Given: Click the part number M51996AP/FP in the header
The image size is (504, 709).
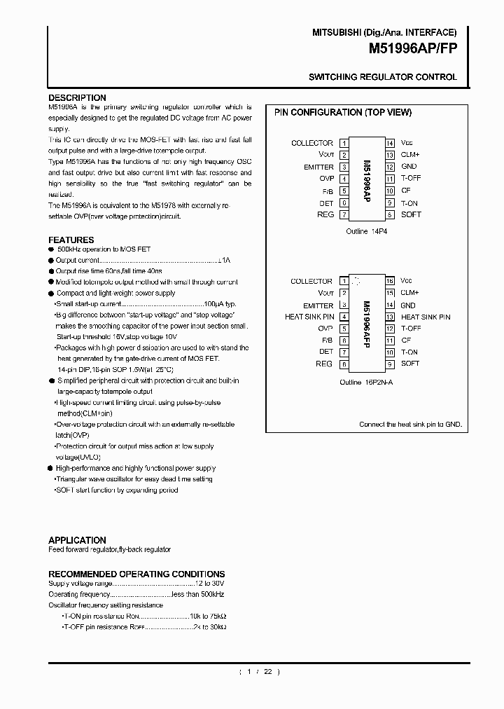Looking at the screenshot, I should coord(412,50).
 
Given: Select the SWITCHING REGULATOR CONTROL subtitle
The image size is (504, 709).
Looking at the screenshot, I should coord(383,77).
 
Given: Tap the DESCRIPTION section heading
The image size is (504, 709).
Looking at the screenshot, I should coord(77,97).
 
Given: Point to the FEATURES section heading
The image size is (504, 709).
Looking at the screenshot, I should coord(71,240).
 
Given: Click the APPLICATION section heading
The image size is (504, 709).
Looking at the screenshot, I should coord(77,540).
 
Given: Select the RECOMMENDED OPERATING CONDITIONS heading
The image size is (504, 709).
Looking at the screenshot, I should coord(136,574).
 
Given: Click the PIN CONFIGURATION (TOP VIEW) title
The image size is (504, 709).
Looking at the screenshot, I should coord(342,112).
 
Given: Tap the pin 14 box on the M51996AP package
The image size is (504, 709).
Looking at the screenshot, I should coord(391,143).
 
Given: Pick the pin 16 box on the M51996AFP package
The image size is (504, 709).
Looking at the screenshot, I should coord(391,281).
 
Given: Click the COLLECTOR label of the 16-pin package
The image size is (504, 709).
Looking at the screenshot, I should coord(311,281).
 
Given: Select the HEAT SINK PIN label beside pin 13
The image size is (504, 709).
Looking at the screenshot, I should coord(426,317).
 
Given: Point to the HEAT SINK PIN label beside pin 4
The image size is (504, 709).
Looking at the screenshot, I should coord(309,317).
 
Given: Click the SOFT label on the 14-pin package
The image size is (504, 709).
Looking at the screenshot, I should coord(411,214).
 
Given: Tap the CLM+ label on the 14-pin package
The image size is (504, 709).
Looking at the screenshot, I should coord(410,155).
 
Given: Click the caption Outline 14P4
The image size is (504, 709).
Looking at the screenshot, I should coord(367,231).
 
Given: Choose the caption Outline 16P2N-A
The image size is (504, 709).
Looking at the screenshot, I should coord(367,383).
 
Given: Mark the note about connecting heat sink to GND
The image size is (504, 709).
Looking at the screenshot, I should coord(410,425).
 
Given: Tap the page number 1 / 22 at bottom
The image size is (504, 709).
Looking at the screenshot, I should coord(259,672).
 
